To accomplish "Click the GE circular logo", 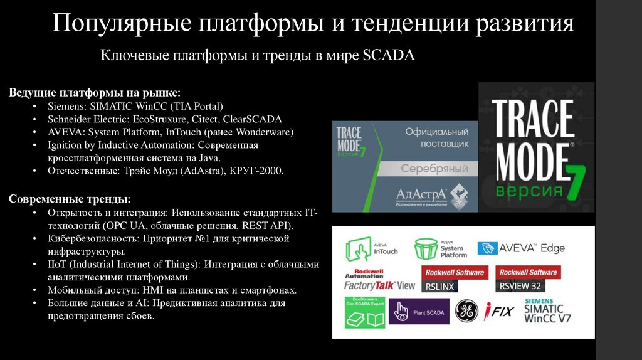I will click(x=466, y=311).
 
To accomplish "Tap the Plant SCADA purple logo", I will click(x=419, y=311).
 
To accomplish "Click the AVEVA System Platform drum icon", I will click(x=426, y=249).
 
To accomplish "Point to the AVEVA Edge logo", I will click(x=521, y=248).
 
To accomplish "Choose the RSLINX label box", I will click(x=439, y=286).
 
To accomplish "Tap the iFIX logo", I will click(x=500, y=311).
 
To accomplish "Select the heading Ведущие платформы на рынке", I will click(x=95, y=93).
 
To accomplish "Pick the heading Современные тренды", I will click(x=70, y=199).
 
